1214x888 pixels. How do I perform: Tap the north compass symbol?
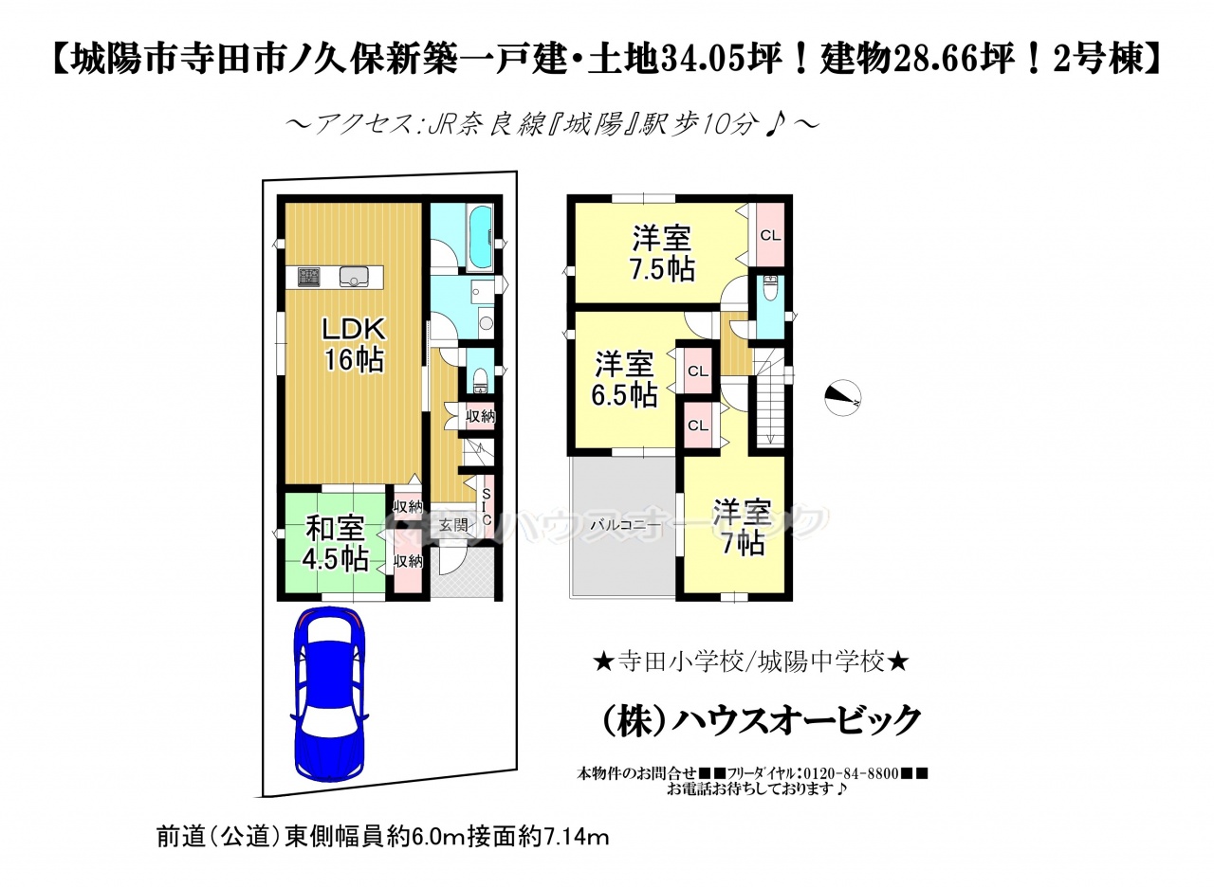843,399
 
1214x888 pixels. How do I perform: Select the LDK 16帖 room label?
354,344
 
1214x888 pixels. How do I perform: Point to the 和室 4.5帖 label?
336,544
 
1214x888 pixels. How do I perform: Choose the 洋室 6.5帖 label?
624,379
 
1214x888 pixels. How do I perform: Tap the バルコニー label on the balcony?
625,525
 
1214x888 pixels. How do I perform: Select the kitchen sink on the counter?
355,278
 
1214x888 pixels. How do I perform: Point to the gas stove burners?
309,278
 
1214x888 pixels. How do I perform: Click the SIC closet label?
487,507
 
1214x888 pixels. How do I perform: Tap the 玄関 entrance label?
453,525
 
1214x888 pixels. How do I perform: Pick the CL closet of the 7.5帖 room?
770,236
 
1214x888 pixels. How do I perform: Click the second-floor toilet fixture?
769,289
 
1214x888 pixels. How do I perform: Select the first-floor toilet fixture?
480,381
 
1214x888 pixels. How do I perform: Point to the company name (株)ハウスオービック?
762,719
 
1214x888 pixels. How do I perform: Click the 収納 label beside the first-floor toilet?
480,416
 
